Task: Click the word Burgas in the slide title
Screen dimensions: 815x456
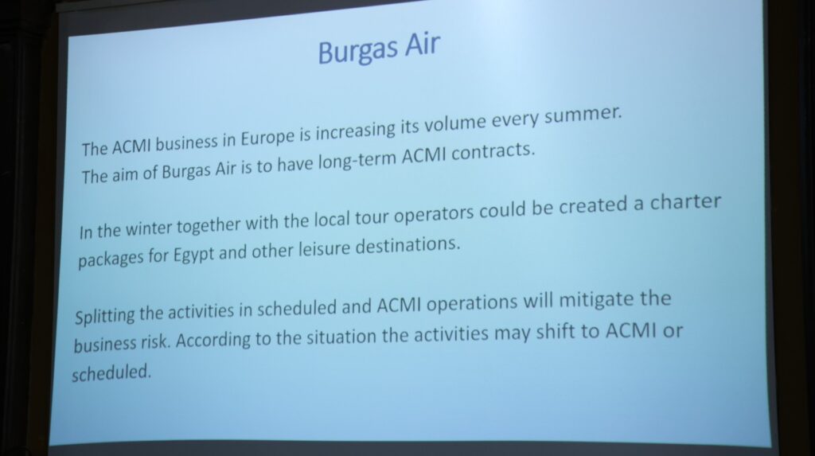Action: [x=358, y=51]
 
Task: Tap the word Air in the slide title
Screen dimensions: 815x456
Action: [x=423, y=45]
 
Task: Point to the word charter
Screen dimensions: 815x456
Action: [x=685, y=202]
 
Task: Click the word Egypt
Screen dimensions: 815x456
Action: [x=193, y=255]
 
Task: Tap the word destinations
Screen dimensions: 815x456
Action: [x=407, y=245]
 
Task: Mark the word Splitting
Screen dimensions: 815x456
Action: [x=105, y=316]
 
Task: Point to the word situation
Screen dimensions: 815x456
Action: [x=341, y=337]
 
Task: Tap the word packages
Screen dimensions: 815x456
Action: [x=111, y=259]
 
